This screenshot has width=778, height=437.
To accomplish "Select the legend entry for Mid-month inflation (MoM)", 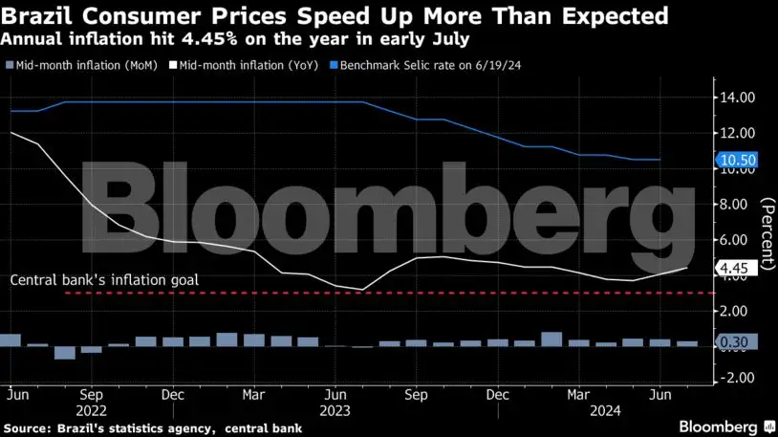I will click(x=76, y=65).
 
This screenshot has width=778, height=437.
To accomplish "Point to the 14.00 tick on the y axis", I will click(x=739, y=98).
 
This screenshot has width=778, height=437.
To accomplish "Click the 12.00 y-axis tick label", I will click(x=739, y=133).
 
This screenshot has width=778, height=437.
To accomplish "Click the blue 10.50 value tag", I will click(x=738, y=161).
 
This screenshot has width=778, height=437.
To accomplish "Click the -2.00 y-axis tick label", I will click(x=739, y=379).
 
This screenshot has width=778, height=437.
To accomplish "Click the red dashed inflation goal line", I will click(x=382, y=294).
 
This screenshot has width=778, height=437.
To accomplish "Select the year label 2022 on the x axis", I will click(x=93, y=409).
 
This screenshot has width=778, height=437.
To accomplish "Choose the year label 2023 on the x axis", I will click(x=335, y=409).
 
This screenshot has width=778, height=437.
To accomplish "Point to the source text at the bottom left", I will click(x=154, y=427).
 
